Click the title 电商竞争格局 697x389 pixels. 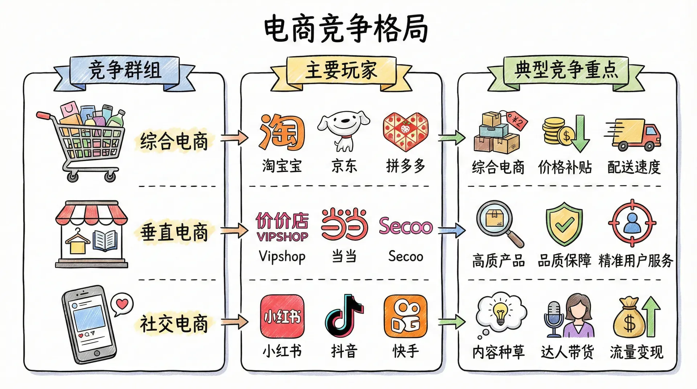pos(346,28)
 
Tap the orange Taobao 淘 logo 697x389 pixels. pos(282,132)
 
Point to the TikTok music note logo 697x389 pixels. pos(343,316)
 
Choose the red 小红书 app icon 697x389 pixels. pos(282,316)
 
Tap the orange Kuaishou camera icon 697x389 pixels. pos(405,316)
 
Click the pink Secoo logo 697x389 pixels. pos(405,226)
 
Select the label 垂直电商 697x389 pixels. pos(174,232)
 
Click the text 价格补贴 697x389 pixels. pos(565,167)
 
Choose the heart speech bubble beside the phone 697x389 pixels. pos(122,303)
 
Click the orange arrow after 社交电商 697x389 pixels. pos(235,322)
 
